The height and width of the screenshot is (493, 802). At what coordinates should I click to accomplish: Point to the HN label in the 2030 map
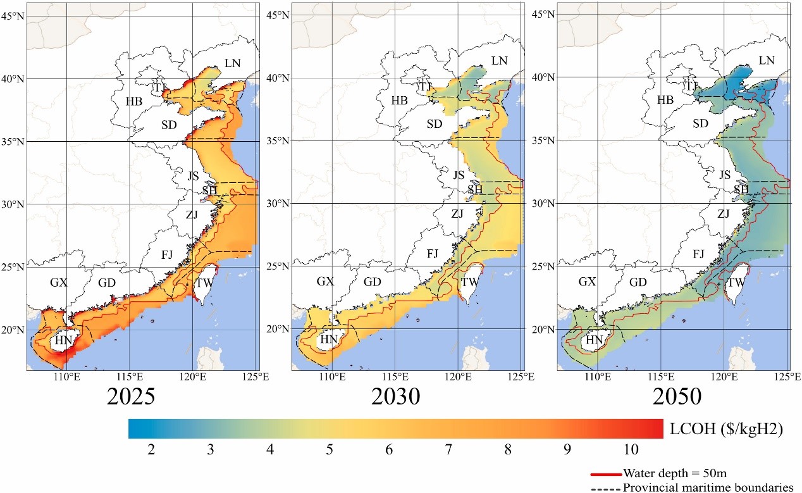pyautogui.click(x=328, y=340)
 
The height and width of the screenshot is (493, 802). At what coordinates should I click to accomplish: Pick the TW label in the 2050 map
pyautogui.click(x=734, y=283)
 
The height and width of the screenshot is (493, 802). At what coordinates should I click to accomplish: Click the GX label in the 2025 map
pyautogui.click(x=59, y=282)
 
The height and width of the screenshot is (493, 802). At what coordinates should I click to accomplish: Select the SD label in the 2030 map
pyautogui.click(x=434, y=124)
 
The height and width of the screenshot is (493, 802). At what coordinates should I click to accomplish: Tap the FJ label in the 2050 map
pyautogui.click(x=698, y=254)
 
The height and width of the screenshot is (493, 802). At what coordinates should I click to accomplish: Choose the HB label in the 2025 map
pyautogui.click(x=133, y=101)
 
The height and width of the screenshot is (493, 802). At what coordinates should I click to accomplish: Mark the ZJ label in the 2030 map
pyautogui.click(x=457, y=214)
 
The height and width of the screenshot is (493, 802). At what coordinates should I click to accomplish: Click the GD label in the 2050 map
pyautogui.click(x=638, y=282)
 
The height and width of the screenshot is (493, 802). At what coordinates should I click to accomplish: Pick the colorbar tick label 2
pyautogui.click(x=151, y=449)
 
